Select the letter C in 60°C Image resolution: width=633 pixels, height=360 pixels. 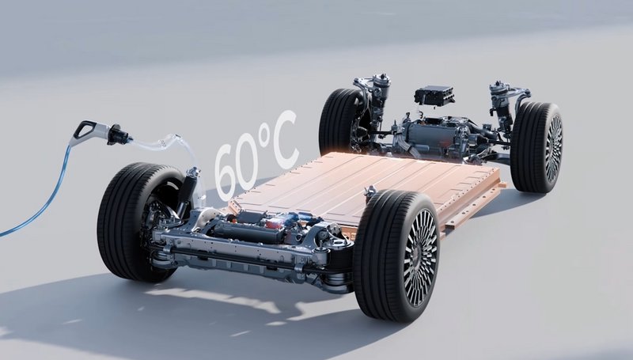point(283,137)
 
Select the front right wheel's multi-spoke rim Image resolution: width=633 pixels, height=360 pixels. point(420,258)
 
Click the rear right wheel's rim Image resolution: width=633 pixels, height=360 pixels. point(553,149)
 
